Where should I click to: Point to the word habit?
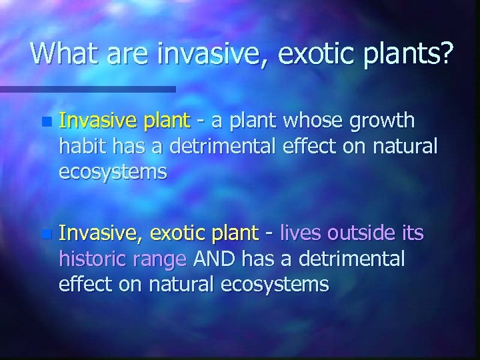(80, 145)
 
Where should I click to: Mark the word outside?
(363, 233)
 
